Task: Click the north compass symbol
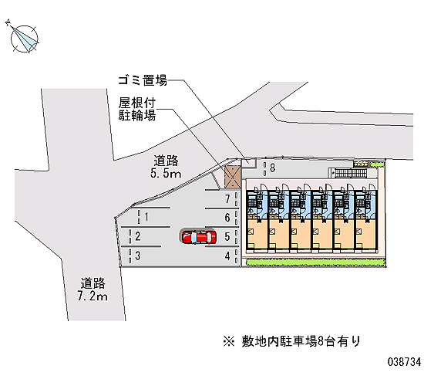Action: [24, 38]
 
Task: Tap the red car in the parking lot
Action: [199, 237]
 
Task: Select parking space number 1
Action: [146, 217]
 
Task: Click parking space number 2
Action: [138, 236]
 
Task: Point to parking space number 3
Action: [138, 256]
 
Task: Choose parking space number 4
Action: [227, 256]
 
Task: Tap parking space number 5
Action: [227, 237]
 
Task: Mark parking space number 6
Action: [227, 218]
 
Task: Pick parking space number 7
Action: [227, 199]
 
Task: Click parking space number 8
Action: [273, 168]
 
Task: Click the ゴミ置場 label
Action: [143, 80]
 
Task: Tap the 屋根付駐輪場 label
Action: [137, 109]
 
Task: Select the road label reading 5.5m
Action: [166, 167]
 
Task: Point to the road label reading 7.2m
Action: [93, 289]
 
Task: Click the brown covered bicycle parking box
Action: [232, 177]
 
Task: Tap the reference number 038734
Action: [404, 362]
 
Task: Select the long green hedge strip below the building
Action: [315, 262]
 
